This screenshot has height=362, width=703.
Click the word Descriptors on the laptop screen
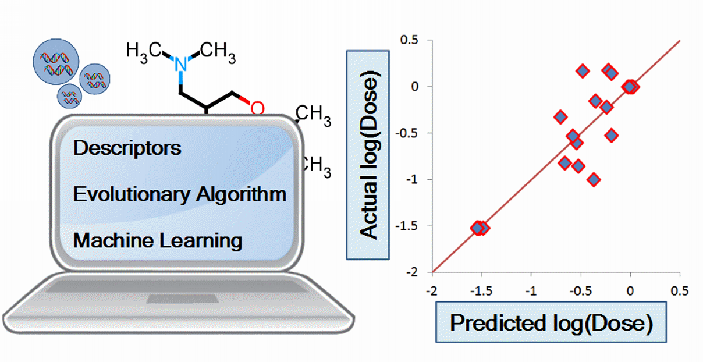[127, 148]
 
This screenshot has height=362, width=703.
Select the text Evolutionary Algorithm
[180, 194]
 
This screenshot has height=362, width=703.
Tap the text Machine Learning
[158, 240]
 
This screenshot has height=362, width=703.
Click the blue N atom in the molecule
[182, 64]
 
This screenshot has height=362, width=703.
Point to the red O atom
[257, 108]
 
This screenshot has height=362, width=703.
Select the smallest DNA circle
[69, 95]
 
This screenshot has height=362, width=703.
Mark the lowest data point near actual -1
[594, 179]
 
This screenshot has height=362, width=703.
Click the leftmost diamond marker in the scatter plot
[477, 228]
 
